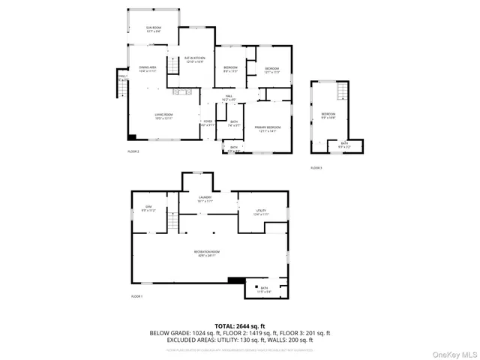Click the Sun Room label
(x=154, y=29)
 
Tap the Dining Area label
(x=147, y=69)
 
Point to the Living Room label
(x=163, y=116)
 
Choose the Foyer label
(x=208, y=123)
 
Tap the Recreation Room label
(x=208, y=253)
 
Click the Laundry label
(x=205, y=199)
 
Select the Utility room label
(x=262, y=212)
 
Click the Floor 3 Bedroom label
(x=328, y=115)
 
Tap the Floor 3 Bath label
(x=344, y=145)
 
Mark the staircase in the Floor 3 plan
(x=341, y=92)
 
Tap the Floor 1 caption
(x=136, y=297)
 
